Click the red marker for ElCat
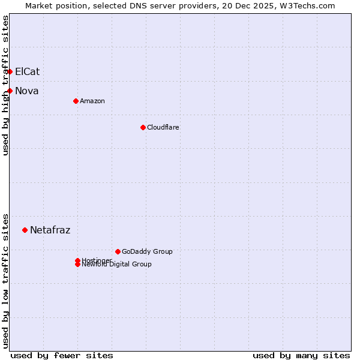10,71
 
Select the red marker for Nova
10,91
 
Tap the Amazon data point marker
76,101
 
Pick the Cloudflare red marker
143,127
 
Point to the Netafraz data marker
25,230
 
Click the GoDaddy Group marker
118,251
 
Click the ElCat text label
27,71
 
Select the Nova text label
26,91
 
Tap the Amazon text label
92,101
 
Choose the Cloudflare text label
163,127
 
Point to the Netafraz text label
50,230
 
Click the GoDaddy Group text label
147,251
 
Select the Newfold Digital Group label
117,265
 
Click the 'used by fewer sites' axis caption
62,355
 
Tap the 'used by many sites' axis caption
301,355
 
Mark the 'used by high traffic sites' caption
5,85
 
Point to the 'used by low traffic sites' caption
5,280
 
